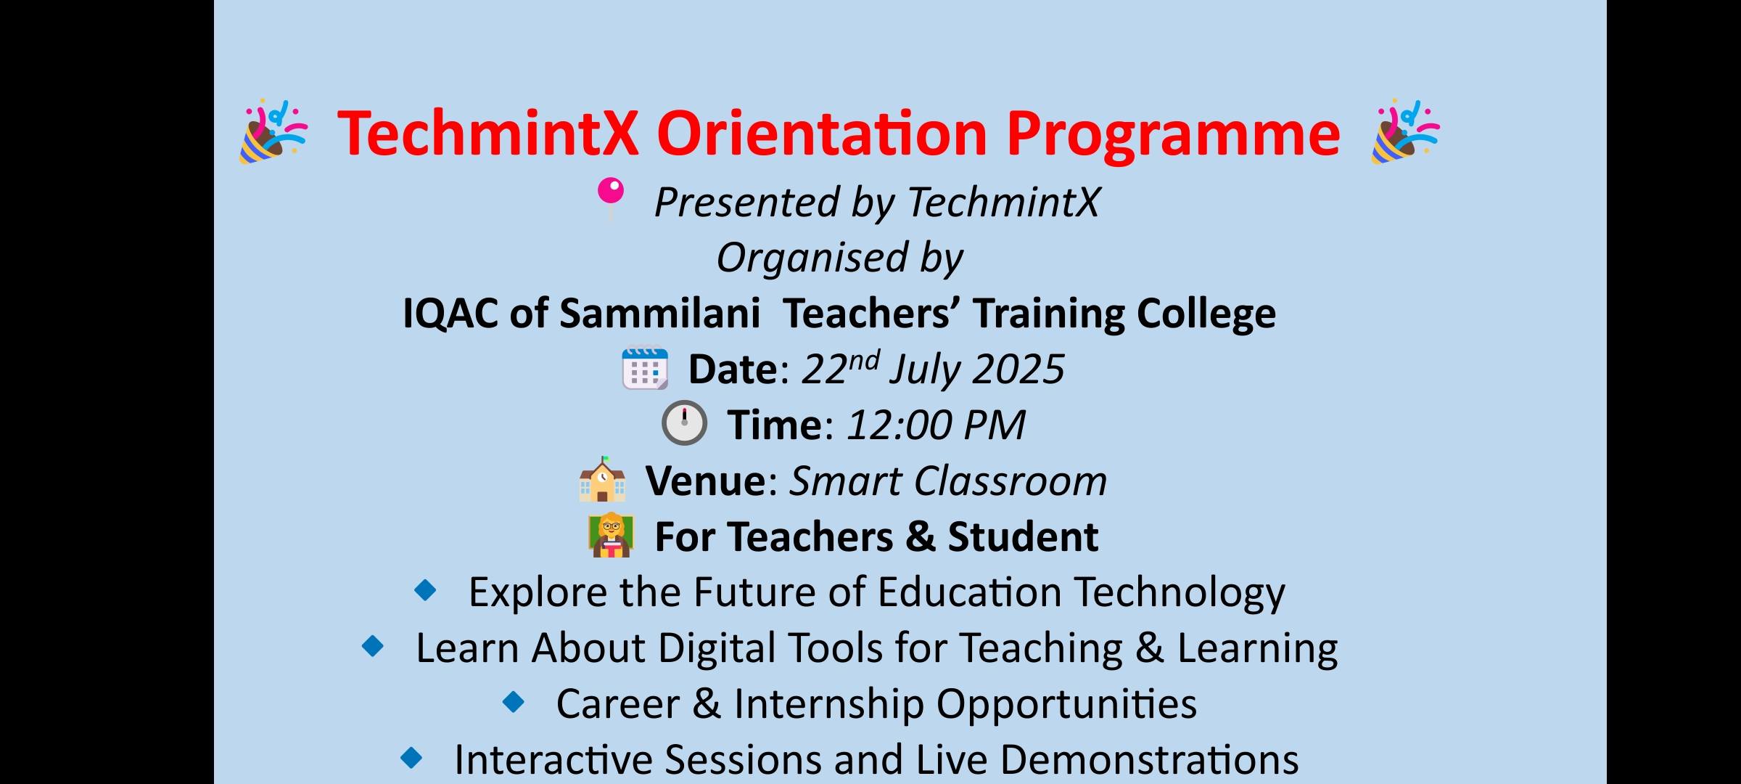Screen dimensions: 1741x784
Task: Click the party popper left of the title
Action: pyautogui.click(x=273, y=132)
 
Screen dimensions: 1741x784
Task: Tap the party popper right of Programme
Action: pyautogui.click(x=1405, y=132)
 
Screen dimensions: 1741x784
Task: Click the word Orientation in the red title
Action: pyautogui.click(x=822, y=134)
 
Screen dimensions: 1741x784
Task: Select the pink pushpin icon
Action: pyautogui.click(x=610, y=197)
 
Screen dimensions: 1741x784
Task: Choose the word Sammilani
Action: pyautogui.click(x=660, y=314)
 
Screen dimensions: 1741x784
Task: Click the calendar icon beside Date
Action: pyautogui.click(x=645, y=368)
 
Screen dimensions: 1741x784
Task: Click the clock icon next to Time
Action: pyautogui.click(x=684, y=422)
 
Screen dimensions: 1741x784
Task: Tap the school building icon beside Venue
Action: pyautogui.click(x=602, y=479)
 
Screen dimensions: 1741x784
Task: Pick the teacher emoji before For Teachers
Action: pyautogui.click(x=611, y=535)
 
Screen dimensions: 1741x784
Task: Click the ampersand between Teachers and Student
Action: pyautogui.click(x=921, y=537)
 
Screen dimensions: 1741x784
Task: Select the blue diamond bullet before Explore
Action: pyautogui.click(x=425, y=590)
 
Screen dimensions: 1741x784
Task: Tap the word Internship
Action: pyautogui.click(x=829, y=704)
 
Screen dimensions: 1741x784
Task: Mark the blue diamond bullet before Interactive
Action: pyautogui.click(x=411, y=758)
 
